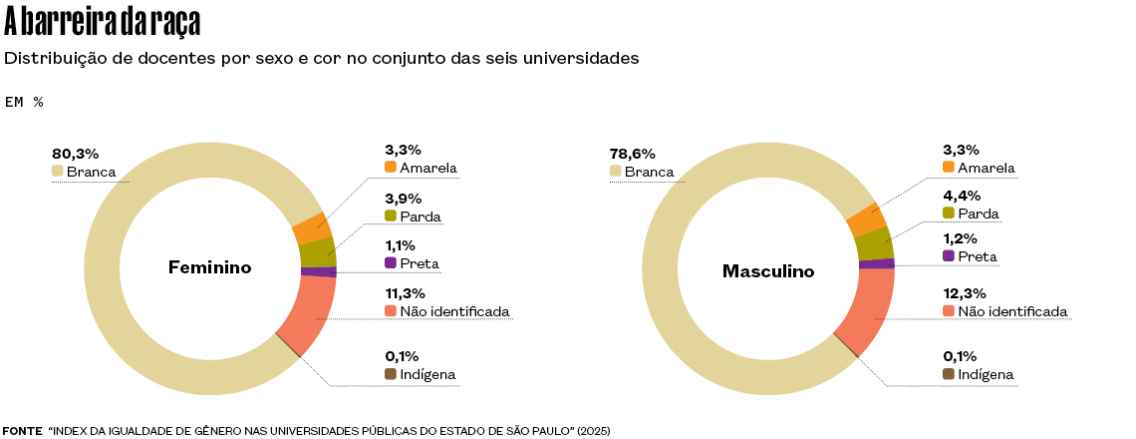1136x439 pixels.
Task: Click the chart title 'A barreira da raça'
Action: pos(103,20)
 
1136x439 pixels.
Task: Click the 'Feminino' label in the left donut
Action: pos(209,267)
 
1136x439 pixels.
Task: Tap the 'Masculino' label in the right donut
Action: pos(768,271)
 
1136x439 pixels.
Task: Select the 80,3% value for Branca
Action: pos(76,154)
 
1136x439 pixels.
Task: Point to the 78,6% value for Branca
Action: pos(633,154)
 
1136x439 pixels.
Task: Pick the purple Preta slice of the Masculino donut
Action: pos(876,263)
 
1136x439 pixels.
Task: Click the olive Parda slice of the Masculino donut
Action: pos(873,243)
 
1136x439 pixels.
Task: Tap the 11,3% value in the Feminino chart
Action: pos(405,293)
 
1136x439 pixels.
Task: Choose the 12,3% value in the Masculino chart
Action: pos(964,293)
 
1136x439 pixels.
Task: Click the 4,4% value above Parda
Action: pos(961,196)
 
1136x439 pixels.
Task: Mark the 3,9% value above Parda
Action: pos(403,198)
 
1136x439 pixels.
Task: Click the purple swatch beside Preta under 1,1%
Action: pos(391,263)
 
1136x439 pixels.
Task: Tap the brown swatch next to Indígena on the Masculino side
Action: pos(949,374)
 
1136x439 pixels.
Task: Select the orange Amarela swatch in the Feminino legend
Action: pos(391,167)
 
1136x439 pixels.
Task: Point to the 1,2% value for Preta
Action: pos(961,239)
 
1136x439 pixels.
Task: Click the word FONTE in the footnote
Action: pos(22,431)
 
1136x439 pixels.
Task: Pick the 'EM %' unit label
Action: pos(24,102)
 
